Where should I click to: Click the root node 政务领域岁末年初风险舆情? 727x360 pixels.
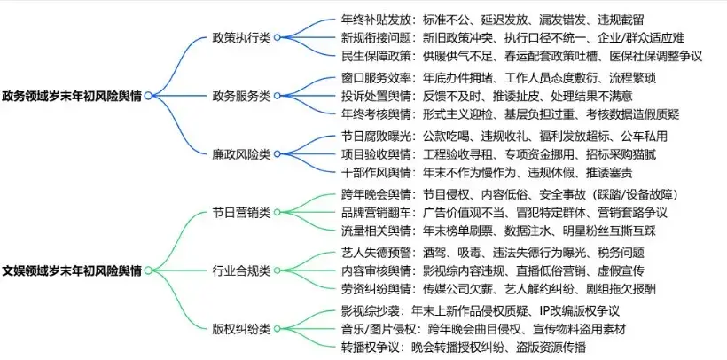73,96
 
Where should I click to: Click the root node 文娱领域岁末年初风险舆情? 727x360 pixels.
73,270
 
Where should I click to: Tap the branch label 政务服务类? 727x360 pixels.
241,96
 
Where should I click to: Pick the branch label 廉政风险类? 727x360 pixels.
241,153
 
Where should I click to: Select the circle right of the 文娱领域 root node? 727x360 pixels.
149,270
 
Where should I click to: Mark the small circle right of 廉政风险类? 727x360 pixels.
277,153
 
